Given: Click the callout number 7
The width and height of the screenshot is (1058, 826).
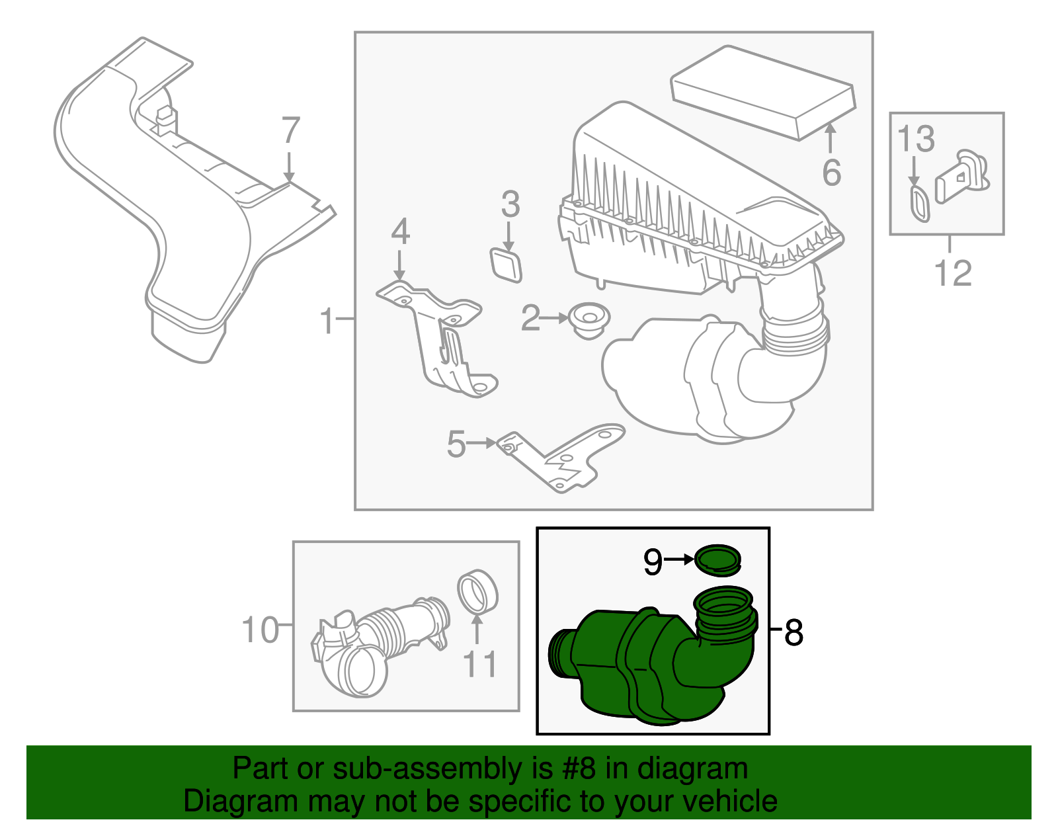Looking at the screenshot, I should click(x=291, y=130).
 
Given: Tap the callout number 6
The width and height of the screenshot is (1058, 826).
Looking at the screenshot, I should click(x=831, y=173).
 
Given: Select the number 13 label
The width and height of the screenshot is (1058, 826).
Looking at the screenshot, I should click(x=916, y=140).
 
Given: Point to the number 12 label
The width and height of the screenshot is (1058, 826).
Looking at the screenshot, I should click(x=953, y=272).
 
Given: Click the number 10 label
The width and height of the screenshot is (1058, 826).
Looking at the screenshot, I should click(x=261, y=630).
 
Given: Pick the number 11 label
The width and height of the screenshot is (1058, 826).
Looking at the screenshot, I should click(x=479, y=664).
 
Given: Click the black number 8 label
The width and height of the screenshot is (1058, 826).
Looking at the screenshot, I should click(x=793, y=633).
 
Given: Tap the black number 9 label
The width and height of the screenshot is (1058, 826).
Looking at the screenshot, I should click(x=653, y=562).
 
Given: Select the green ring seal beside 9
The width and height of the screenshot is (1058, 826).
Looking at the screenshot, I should click(x=718, y=559).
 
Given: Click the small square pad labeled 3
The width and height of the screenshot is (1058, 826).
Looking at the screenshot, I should click(x=507, y=265).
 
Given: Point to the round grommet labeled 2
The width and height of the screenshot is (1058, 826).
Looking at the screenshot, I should click(x=589, y=320).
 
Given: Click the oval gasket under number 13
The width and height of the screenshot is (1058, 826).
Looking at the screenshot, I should click(x=919, y=203).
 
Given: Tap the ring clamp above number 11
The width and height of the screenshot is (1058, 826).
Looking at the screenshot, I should click(x=477, y=592).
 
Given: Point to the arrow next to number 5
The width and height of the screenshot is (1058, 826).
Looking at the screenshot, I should click(x=481, y=443).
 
